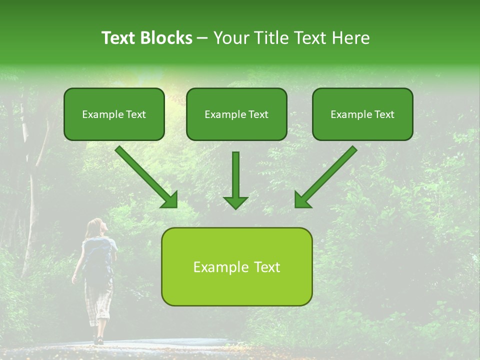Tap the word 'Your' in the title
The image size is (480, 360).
pyautogui.click(x=231, y=38)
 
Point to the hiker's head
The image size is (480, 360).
pyautogui.click(x=95, y=227)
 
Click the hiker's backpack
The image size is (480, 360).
pyautogui.click(x=98, y=257)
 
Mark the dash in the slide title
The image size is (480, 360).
pyautogui.click(x=202, y=38)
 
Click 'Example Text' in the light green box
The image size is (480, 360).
pyautogui.click(x=236, y=267)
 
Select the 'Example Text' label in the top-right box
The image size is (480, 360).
pyautogui.click(x=362, y=114)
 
